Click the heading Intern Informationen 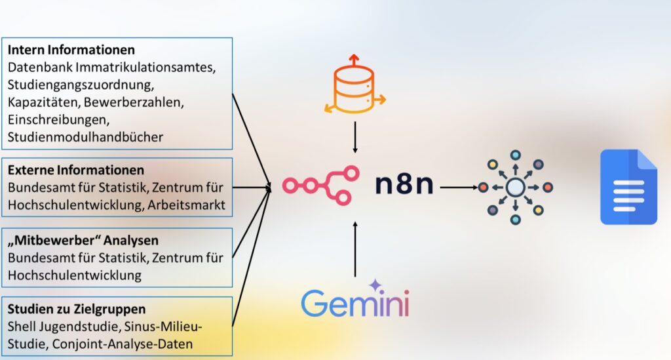tap(71, 50)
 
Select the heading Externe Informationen tap(76, 170)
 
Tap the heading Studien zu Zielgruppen tap(77, 309)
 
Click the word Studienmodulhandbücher tap(85, 137)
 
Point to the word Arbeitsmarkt tap(186, 205)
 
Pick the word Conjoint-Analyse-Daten tap(123, 344)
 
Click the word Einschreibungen tap(58, 120)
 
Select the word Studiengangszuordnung tap(81, 85)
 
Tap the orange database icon tap(355, 85)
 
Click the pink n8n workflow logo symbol tap(320, 186)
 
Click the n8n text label tap(404, 184)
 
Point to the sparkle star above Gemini tap(375, 285)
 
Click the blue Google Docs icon tap(628, 187)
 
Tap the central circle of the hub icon tap(515, 187)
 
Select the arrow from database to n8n tap(355, 138)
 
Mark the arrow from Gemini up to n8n tap(355, 249)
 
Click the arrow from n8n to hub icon tap(459, 187)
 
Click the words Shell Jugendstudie tap(64, 327)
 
